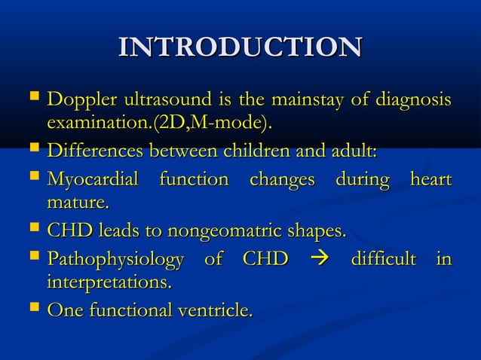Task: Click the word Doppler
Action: (79, 100)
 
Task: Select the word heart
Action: (430, 180)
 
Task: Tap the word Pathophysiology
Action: (115, 260)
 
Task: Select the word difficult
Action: (384, 260)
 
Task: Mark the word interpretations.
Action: (109, 282)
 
